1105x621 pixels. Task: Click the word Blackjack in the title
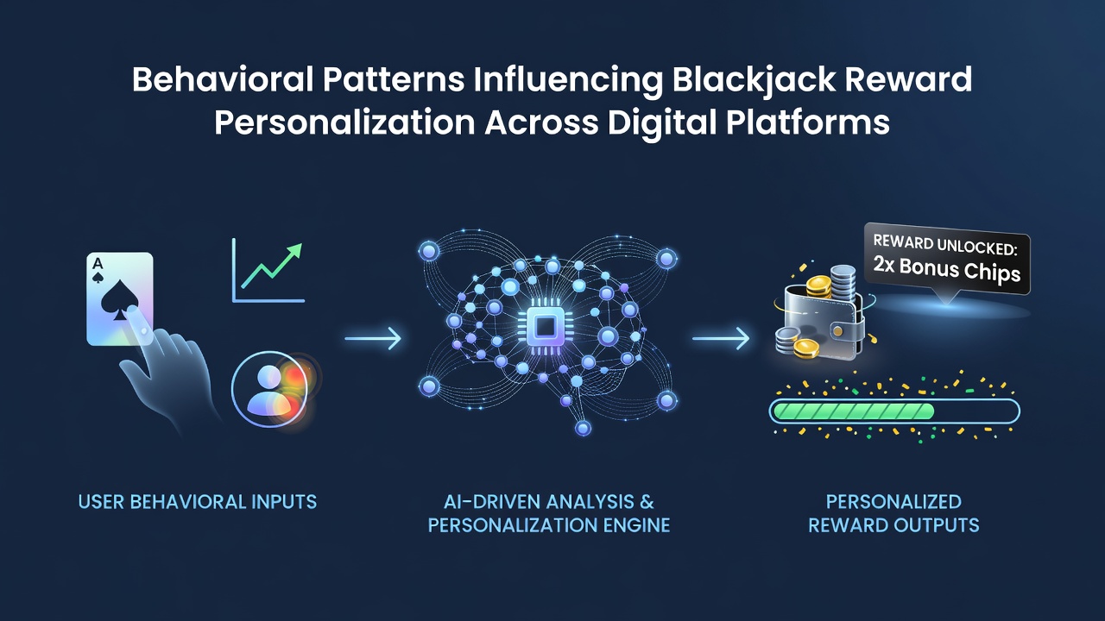click(x=754, y=79)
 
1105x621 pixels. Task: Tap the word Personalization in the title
click(x=344, y=122)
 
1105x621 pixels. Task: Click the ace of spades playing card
click(x=120, y=298)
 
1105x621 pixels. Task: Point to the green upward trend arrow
click(x=272, y=266)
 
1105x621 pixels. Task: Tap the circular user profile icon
click(x=269, y=389)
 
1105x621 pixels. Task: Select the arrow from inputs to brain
click(x=373, y=339)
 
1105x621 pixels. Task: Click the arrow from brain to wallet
click(x=721, y=339)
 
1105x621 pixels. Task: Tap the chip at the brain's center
click(x=545, y=326)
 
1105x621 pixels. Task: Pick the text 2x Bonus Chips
click(x=947, y=270)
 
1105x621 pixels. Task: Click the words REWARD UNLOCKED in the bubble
click(x=945, y=245)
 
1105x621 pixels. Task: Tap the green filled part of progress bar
click(x=853, y=411)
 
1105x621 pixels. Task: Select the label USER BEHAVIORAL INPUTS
click(x=198, y=502)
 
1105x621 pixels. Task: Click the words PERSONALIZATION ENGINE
click(x=548, y=525)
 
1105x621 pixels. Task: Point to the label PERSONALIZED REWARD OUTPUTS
click(x=893, y=513)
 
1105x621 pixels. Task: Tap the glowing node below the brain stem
click(x=583, y=428)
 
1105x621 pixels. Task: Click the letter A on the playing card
click(x=98, y=264)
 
